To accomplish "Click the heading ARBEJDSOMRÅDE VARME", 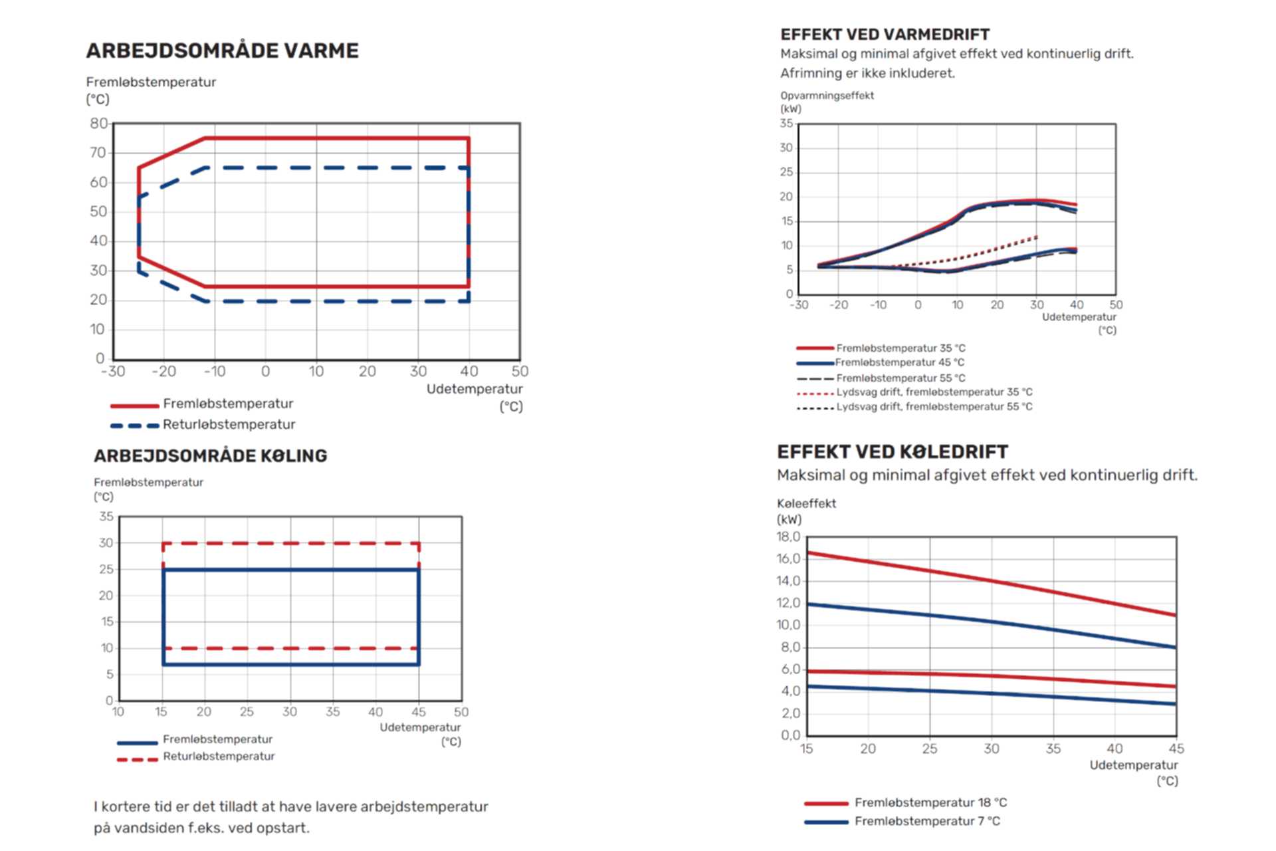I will tap(222, 51).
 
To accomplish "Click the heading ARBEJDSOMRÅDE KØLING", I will tap(210, 456).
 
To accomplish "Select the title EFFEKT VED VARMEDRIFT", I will tap(885, 35).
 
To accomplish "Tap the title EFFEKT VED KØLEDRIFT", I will tap(892, 452).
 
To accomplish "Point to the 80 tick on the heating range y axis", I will tap(98, 124).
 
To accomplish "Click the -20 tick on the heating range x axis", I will tap(163, 372).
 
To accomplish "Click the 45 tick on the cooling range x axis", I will tap(419, 712).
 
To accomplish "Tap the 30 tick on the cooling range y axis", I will tap(106, 543).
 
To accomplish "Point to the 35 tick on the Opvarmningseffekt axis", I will tap(786, 124).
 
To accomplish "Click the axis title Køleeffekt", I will tap(806, 504).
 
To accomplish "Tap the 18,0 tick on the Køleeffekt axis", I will tap(788, 537).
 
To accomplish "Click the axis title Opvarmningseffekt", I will tap(827, 96).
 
